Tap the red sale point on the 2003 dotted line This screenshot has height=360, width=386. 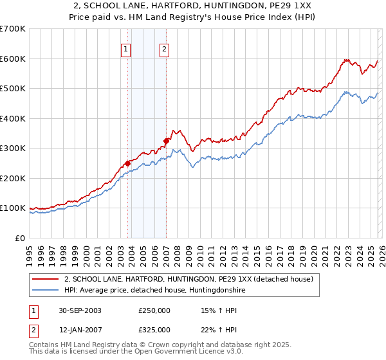tap(128, 163)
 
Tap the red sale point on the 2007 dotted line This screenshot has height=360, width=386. tap(166, 141)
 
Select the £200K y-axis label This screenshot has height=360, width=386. tap(13, 178)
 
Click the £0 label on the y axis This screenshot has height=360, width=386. tap(20, 238)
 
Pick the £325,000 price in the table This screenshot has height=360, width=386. tap(154, 330)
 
